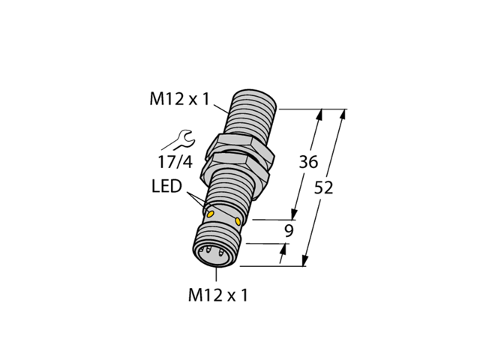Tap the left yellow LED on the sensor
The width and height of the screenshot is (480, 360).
pos(210,214)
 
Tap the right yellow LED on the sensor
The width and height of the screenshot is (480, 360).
pos(238,221)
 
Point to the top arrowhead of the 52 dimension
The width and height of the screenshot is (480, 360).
pos(344,115)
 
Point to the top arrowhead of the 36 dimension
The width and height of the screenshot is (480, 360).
pos(322,115)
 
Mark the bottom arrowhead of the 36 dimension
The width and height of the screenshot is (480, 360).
pos(295,217)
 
